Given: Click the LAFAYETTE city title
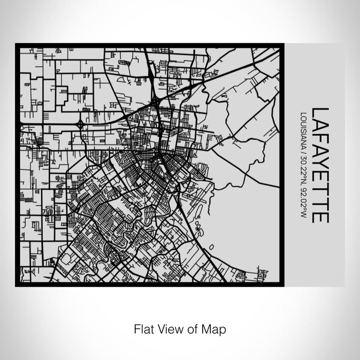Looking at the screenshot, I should coord(320,165).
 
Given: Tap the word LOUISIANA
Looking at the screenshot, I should coord(304,128).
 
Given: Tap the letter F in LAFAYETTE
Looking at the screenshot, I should coord(320,136).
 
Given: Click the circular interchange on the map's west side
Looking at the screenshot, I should coord(80,124).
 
